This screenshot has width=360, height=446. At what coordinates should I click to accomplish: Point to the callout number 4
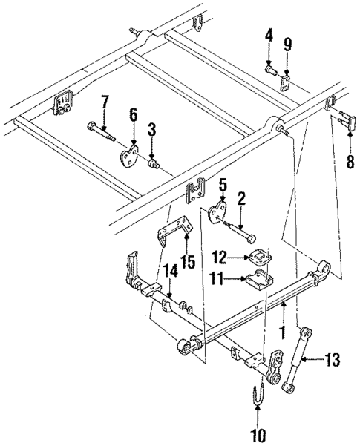click(x=269, y=34)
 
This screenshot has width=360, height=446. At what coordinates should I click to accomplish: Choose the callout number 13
click(x=332, y=361)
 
